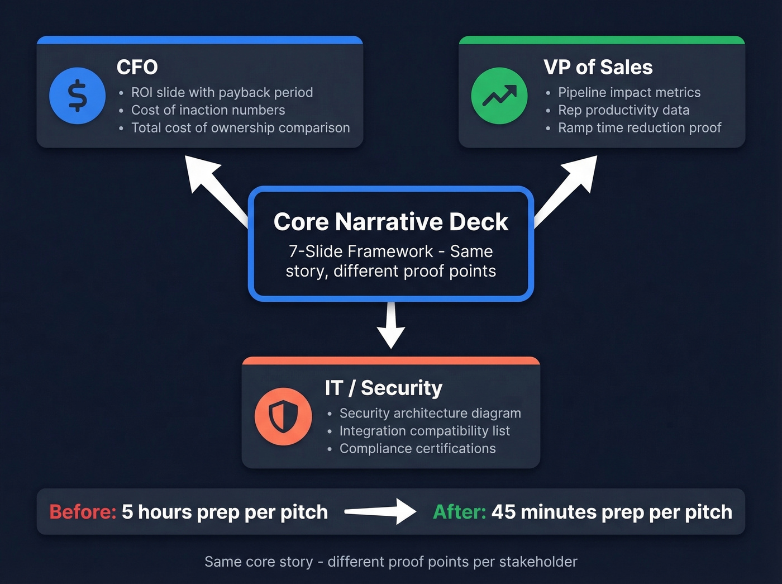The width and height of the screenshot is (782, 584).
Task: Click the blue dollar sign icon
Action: pos(77,96)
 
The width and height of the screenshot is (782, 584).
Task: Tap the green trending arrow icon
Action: pos(499,96)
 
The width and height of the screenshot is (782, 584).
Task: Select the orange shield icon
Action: pos(283,416)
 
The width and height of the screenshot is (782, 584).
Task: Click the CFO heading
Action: pos(137,67)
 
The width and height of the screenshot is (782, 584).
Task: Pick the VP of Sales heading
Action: pos(598,67)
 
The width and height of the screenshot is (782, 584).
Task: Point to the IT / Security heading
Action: pos(383,388)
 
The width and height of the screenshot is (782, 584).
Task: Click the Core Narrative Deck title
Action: pos(390,222)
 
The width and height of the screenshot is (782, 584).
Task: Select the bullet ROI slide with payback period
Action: pos(222,92)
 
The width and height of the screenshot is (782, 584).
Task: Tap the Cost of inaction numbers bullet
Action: pos(208,110)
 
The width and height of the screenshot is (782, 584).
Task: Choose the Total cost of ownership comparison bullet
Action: pos(240,128)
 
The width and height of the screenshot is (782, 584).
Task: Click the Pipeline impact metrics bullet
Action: pos(629,92)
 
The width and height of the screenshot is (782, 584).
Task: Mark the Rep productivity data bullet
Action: pos(623,110)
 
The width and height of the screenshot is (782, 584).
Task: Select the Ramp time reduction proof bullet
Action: pos(640,128)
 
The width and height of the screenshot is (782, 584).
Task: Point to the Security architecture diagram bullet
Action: pos(430,413)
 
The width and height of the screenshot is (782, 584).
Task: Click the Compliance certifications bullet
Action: pos(417,449)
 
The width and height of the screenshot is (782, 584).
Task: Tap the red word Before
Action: pos(83,512)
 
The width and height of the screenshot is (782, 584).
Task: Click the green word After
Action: pos(459,512)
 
